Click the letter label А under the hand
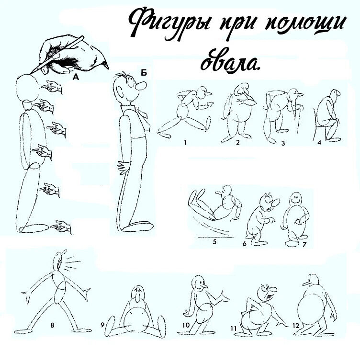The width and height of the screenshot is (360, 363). (x=75, y=76)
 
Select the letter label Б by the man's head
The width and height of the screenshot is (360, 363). (x=144, y=73)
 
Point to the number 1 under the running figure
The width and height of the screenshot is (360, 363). (x=184, y=142)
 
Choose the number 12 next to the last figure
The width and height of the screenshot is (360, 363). (x=295, y=326)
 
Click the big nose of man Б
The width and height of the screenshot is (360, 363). (x=140, y=88)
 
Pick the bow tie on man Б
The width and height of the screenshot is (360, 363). (x=140, y=113)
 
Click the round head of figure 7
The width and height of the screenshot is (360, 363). (x=296, y=198)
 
